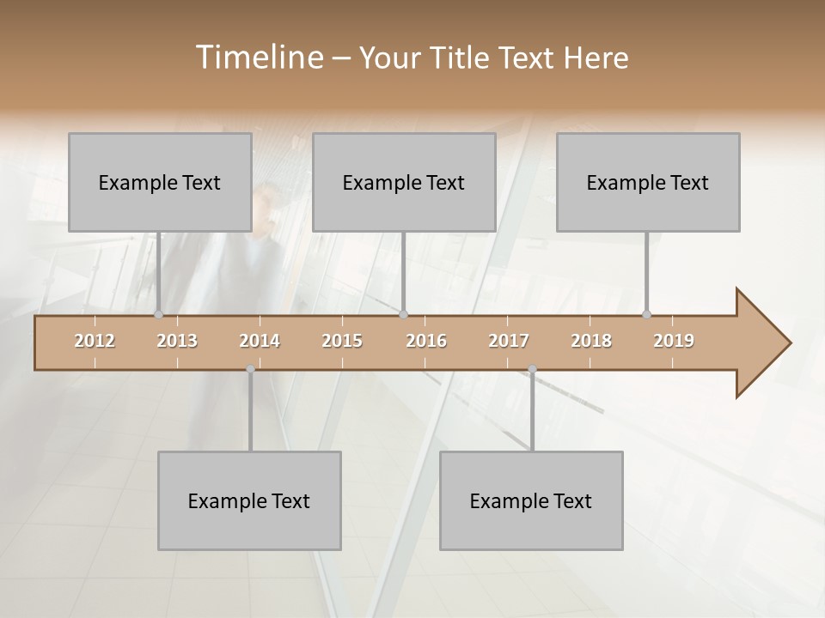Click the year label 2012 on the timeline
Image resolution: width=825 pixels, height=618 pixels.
95,341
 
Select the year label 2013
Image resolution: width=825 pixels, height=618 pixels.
177,341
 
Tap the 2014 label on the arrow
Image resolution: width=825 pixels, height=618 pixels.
260,341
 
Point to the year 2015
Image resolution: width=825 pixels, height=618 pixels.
342,341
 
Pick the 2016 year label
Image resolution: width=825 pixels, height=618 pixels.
426,341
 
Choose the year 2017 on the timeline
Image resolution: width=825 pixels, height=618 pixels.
509,341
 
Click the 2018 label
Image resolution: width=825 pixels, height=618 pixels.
591,341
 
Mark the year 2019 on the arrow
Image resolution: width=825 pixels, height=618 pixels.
674,341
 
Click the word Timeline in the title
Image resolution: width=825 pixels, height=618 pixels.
258,58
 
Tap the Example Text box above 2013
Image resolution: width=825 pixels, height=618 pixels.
160,182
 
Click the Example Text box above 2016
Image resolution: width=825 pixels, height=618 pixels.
404,182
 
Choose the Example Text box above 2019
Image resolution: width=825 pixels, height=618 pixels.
648,182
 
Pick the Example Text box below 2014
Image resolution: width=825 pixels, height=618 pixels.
249,500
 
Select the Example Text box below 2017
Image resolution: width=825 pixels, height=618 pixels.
531,500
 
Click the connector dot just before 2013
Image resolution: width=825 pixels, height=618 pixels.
159,315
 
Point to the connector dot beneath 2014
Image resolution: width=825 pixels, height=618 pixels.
250,369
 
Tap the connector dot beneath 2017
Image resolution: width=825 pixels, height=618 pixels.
532,369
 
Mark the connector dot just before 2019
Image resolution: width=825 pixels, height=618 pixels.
647,315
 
